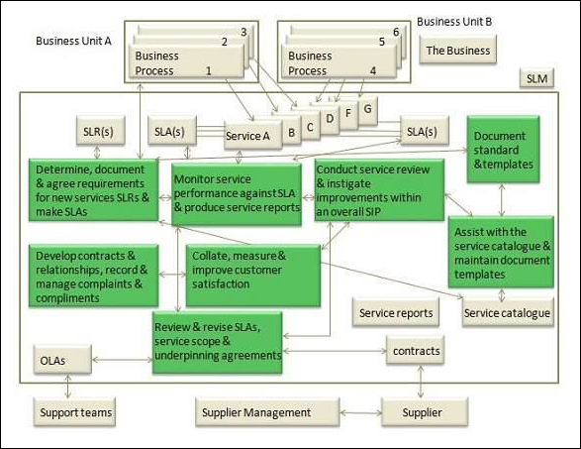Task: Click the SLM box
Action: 536,79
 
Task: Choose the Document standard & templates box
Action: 505,150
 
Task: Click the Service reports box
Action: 396,313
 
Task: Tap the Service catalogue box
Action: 507,313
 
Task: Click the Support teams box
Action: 75,411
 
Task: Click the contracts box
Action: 415,351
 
